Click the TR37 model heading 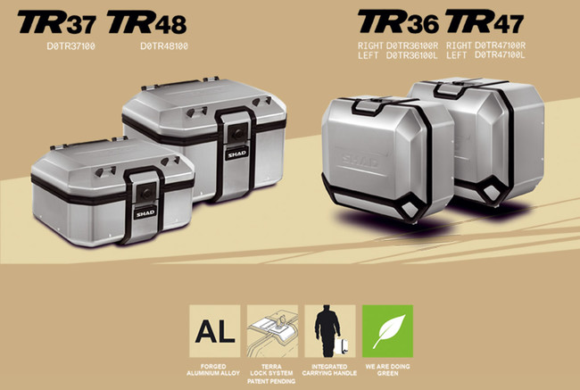point(56,22)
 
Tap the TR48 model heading point(146,22)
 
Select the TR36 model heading point(398,21)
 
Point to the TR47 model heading point(485,21)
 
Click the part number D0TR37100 point(71,46)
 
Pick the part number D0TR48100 point(164,46)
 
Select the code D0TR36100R point(412,46)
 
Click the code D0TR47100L point(500,55)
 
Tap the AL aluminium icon point(214,331)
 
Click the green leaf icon point(387,331)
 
